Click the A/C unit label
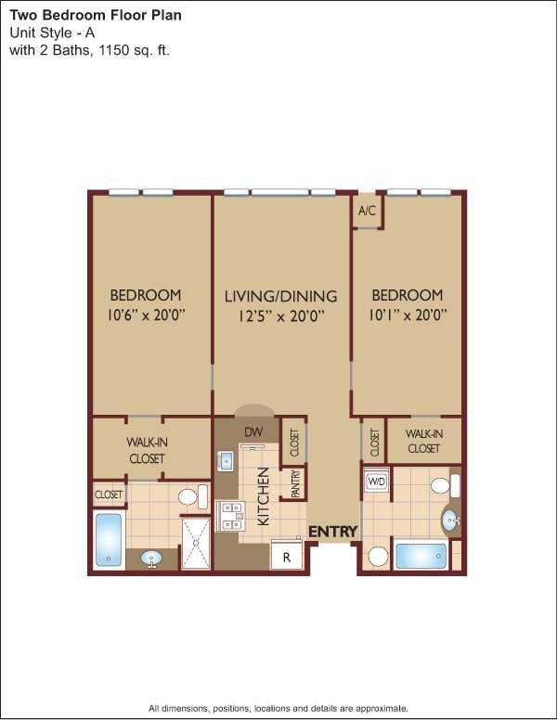point(367,211)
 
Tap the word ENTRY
point(332,532)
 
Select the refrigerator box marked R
point(287,557)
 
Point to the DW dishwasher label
point(253,431)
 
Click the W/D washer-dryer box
point(377,482)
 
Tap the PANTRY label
point(295,484)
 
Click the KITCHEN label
point(263,496)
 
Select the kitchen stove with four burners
point(229,515)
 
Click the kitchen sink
point(226,461)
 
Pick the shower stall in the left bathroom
point(196,542)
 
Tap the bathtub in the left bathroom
point(109,539)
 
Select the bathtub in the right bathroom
point(421,556)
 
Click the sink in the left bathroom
point(151,559)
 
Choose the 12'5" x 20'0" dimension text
point(280,315)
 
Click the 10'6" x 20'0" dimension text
point(147,314)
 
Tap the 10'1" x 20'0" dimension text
point(407,314)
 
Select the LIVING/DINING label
point(280,297)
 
